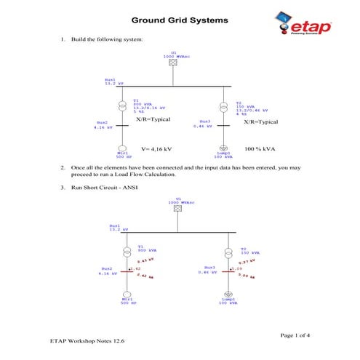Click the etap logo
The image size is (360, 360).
point(305,24)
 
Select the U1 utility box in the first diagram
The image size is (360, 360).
point(173,63)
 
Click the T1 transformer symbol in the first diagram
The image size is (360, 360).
point(124,107)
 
